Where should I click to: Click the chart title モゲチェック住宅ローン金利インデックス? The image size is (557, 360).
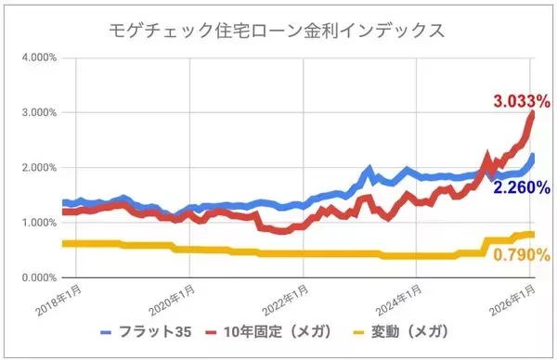pyautogui.click(x=276, y=30)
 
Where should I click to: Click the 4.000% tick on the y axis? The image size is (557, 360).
pyautogui.click(x=35, y=58)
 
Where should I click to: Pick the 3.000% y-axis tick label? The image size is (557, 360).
pyautogui.click(x=35, y=113)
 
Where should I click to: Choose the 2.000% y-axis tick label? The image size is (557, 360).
pyautogui.click(x=35, y=168)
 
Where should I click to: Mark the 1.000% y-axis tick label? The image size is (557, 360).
pyautogui.click(x=35, y=223)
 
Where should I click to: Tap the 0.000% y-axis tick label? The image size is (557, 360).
pyautogui.click(x=35, y=277)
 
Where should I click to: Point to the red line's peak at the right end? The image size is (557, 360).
pyautogui.click(x=532, y=115)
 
